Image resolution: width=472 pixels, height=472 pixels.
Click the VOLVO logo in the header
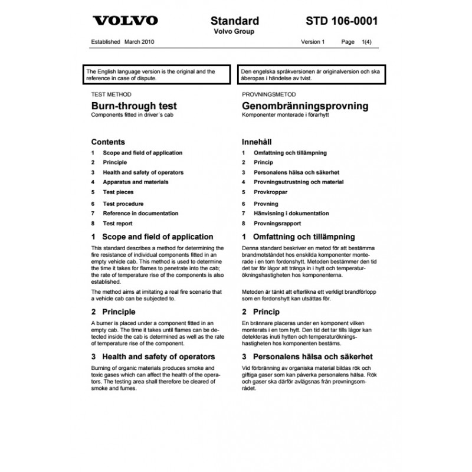[126, 21]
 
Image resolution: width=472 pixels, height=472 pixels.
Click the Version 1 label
[313, 42]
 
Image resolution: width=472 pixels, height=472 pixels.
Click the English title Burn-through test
[134, 106]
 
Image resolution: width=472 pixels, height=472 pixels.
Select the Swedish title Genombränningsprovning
[305, 106]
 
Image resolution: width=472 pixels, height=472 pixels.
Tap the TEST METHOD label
[112, 94]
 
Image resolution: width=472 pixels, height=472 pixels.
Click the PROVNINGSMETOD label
[268, 94]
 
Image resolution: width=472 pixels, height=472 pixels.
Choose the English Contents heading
[108, 142]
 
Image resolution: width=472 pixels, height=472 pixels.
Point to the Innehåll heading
[258, 142]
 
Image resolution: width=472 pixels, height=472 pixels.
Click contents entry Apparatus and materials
[135, 182]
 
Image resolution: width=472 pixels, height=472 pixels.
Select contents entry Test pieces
[118, 192]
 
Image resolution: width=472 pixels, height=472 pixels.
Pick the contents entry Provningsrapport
[277, 224]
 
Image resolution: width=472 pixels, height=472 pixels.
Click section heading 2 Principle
[113, 312]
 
